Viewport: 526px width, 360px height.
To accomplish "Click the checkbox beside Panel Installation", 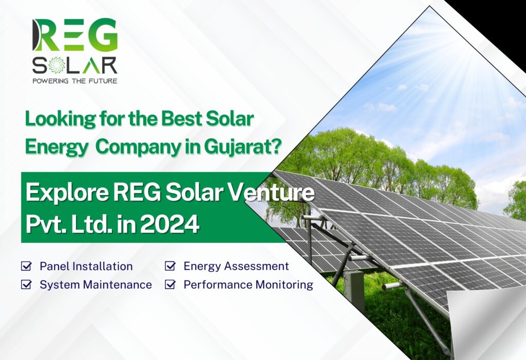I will point(25,267).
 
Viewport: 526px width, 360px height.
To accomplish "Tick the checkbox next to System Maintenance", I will point(25,285).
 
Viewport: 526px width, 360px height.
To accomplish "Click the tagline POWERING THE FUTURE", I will point(74,81).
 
